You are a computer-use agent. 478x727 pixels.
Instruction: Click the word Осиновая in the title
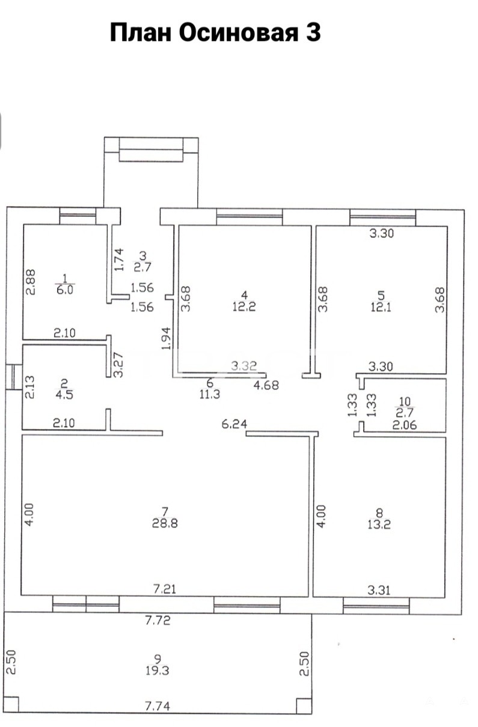pyautogui.click(x=238, y=33)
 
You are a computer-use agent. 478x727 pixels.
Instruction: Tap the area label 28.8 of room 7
pyautogui.click(x=165, y=523)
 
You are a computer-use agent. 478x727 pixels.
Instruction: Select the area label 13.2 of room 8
pyautogui.click(x=379, y=525)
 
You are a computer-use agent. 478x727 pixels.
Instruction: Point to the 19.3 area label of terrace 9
pyautogui.click(x=157, y=671)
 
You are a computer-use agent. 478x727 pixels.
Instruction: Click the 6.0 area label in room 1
pyautogui.click(x=65, y=290)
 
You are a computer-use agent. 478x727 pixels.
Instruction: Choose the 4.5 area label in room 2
pyautogui.click(x=64, y=395)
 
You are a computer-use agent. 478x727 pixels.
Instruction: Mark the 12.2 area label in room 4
pyautogui.click(x=244, y=306)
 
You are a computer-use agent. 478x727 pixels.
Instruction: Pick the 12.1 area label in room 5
pyautogui.click(x=381, y=306)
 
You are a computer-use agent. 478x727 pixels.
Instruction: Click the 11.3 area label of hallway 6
pyautogui.click(x=210, y=394)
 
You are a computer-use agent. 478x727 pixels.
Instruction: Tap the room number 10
pyautogui.click(x=405, y=401)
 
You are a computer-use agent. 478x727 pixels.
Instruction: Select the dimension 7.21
pyautogui.click(x=165, y=589)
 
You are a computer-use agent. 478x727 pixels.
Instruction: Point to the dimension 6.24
pyautogui.click(x=234, y=424)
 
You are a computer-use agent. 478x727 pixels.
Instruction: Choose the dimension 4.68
pyautogui.click(x=266, y=385)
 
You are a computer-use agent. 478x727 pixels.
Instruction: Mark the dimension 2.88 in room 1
pyautogui.click(x=31, y=282)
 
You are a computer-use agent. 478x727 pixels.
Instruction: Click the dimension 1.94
pyautogui.click(x=166, y=338)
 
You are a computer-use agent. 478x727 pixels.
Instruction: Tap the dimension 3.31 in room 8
pyautogui.click(x=379, y=590)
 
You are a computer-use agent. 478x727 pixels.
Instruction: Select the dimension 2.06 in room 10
pyautogui.click(x=405, y=425)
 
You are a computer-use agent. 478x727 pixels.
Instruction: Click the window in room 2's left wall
pyautogui.click(x=14, y=377)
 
